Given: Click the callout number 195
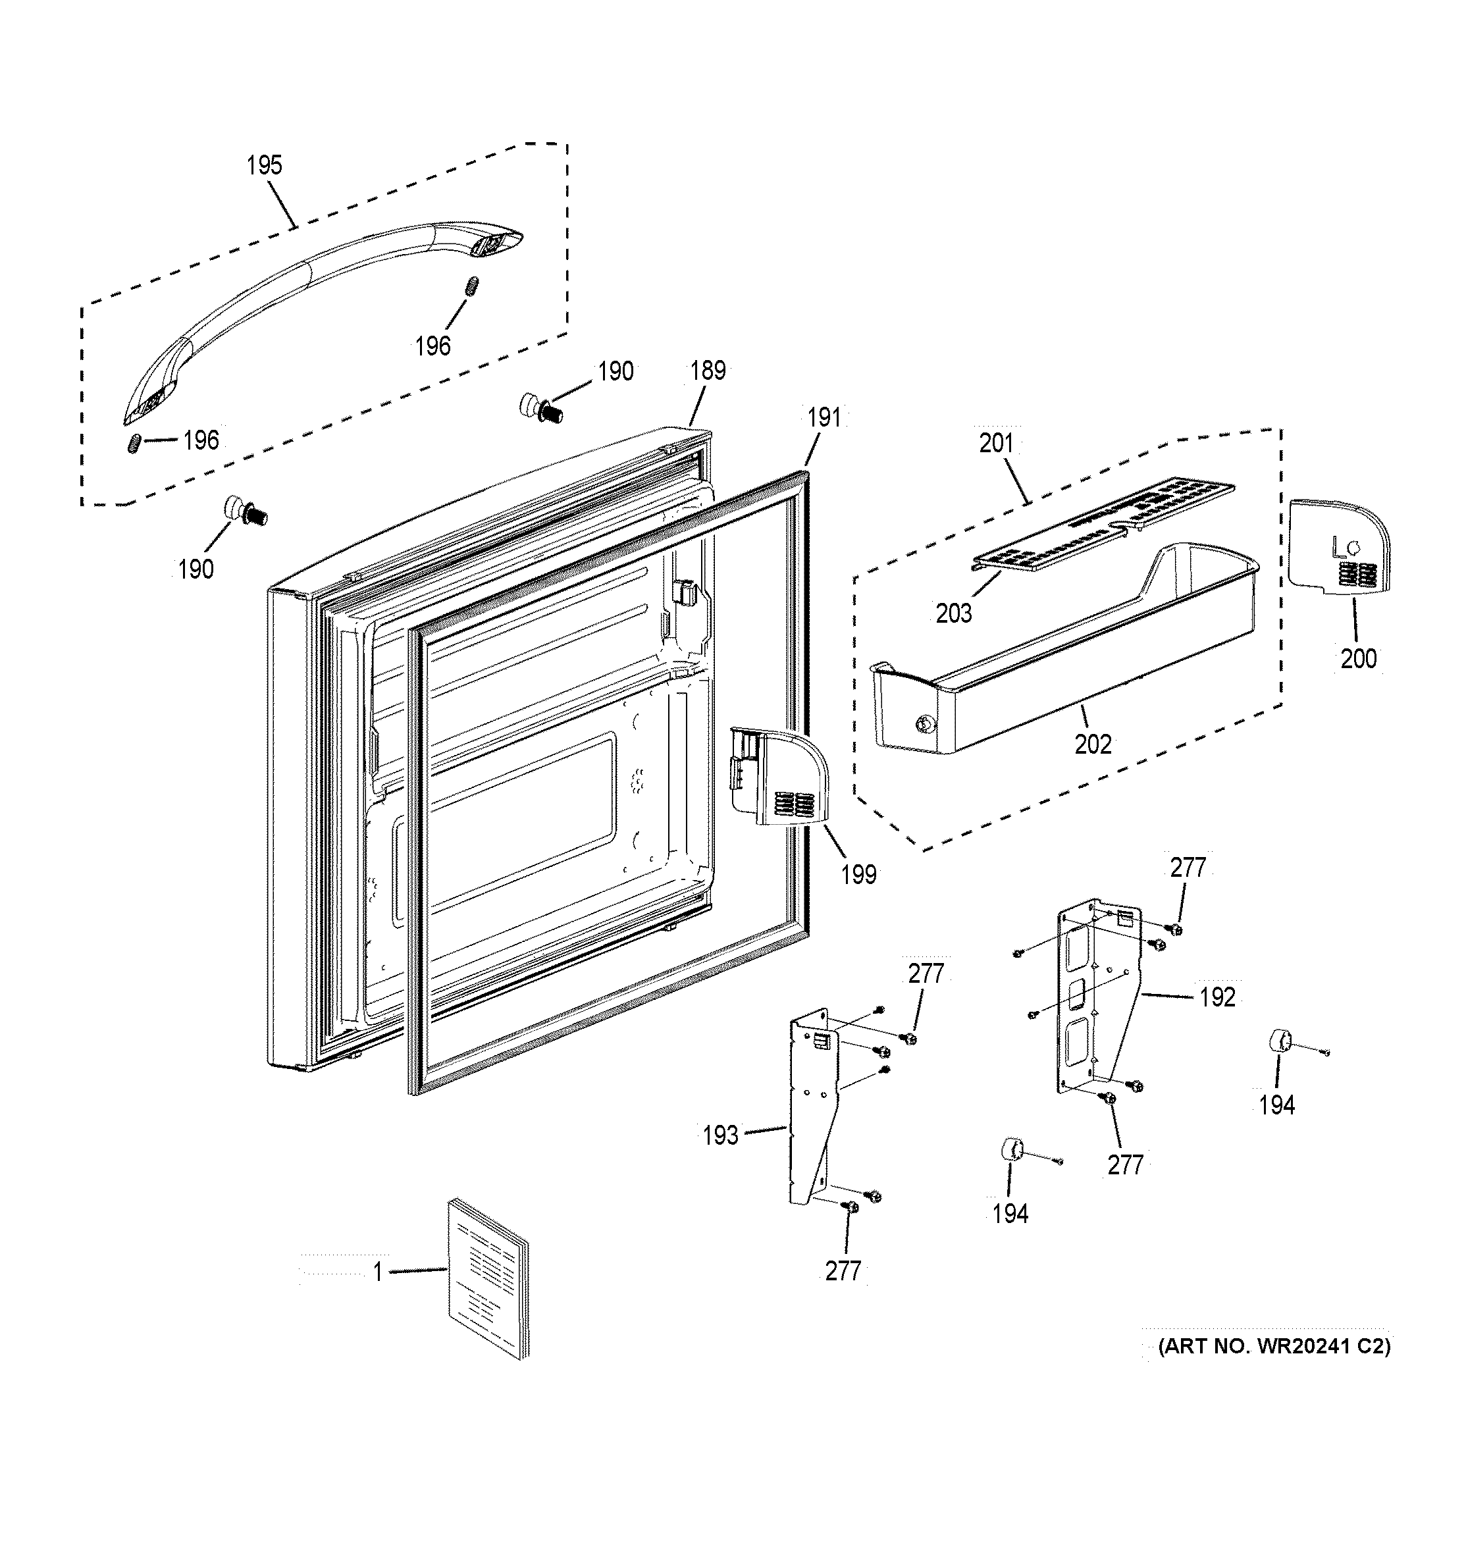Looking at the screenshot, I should click(263, 165).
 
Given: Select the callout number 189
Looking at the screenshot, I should click(708, 371).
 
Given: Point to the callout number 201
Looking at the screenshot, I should click(995, 444).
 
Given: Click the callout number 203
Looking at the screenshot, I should click(953, 613).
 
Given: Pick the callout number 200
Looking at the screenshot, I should click(1358, 658).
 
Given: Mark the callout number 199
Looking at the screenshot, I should click(858, 874).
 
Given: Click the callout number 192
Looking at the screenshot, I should click(1217, 997).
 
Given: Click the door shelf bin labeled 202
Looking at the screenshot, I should click(1062, 669).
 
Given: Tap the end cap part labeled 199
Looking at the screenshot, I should click(779, 779).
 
